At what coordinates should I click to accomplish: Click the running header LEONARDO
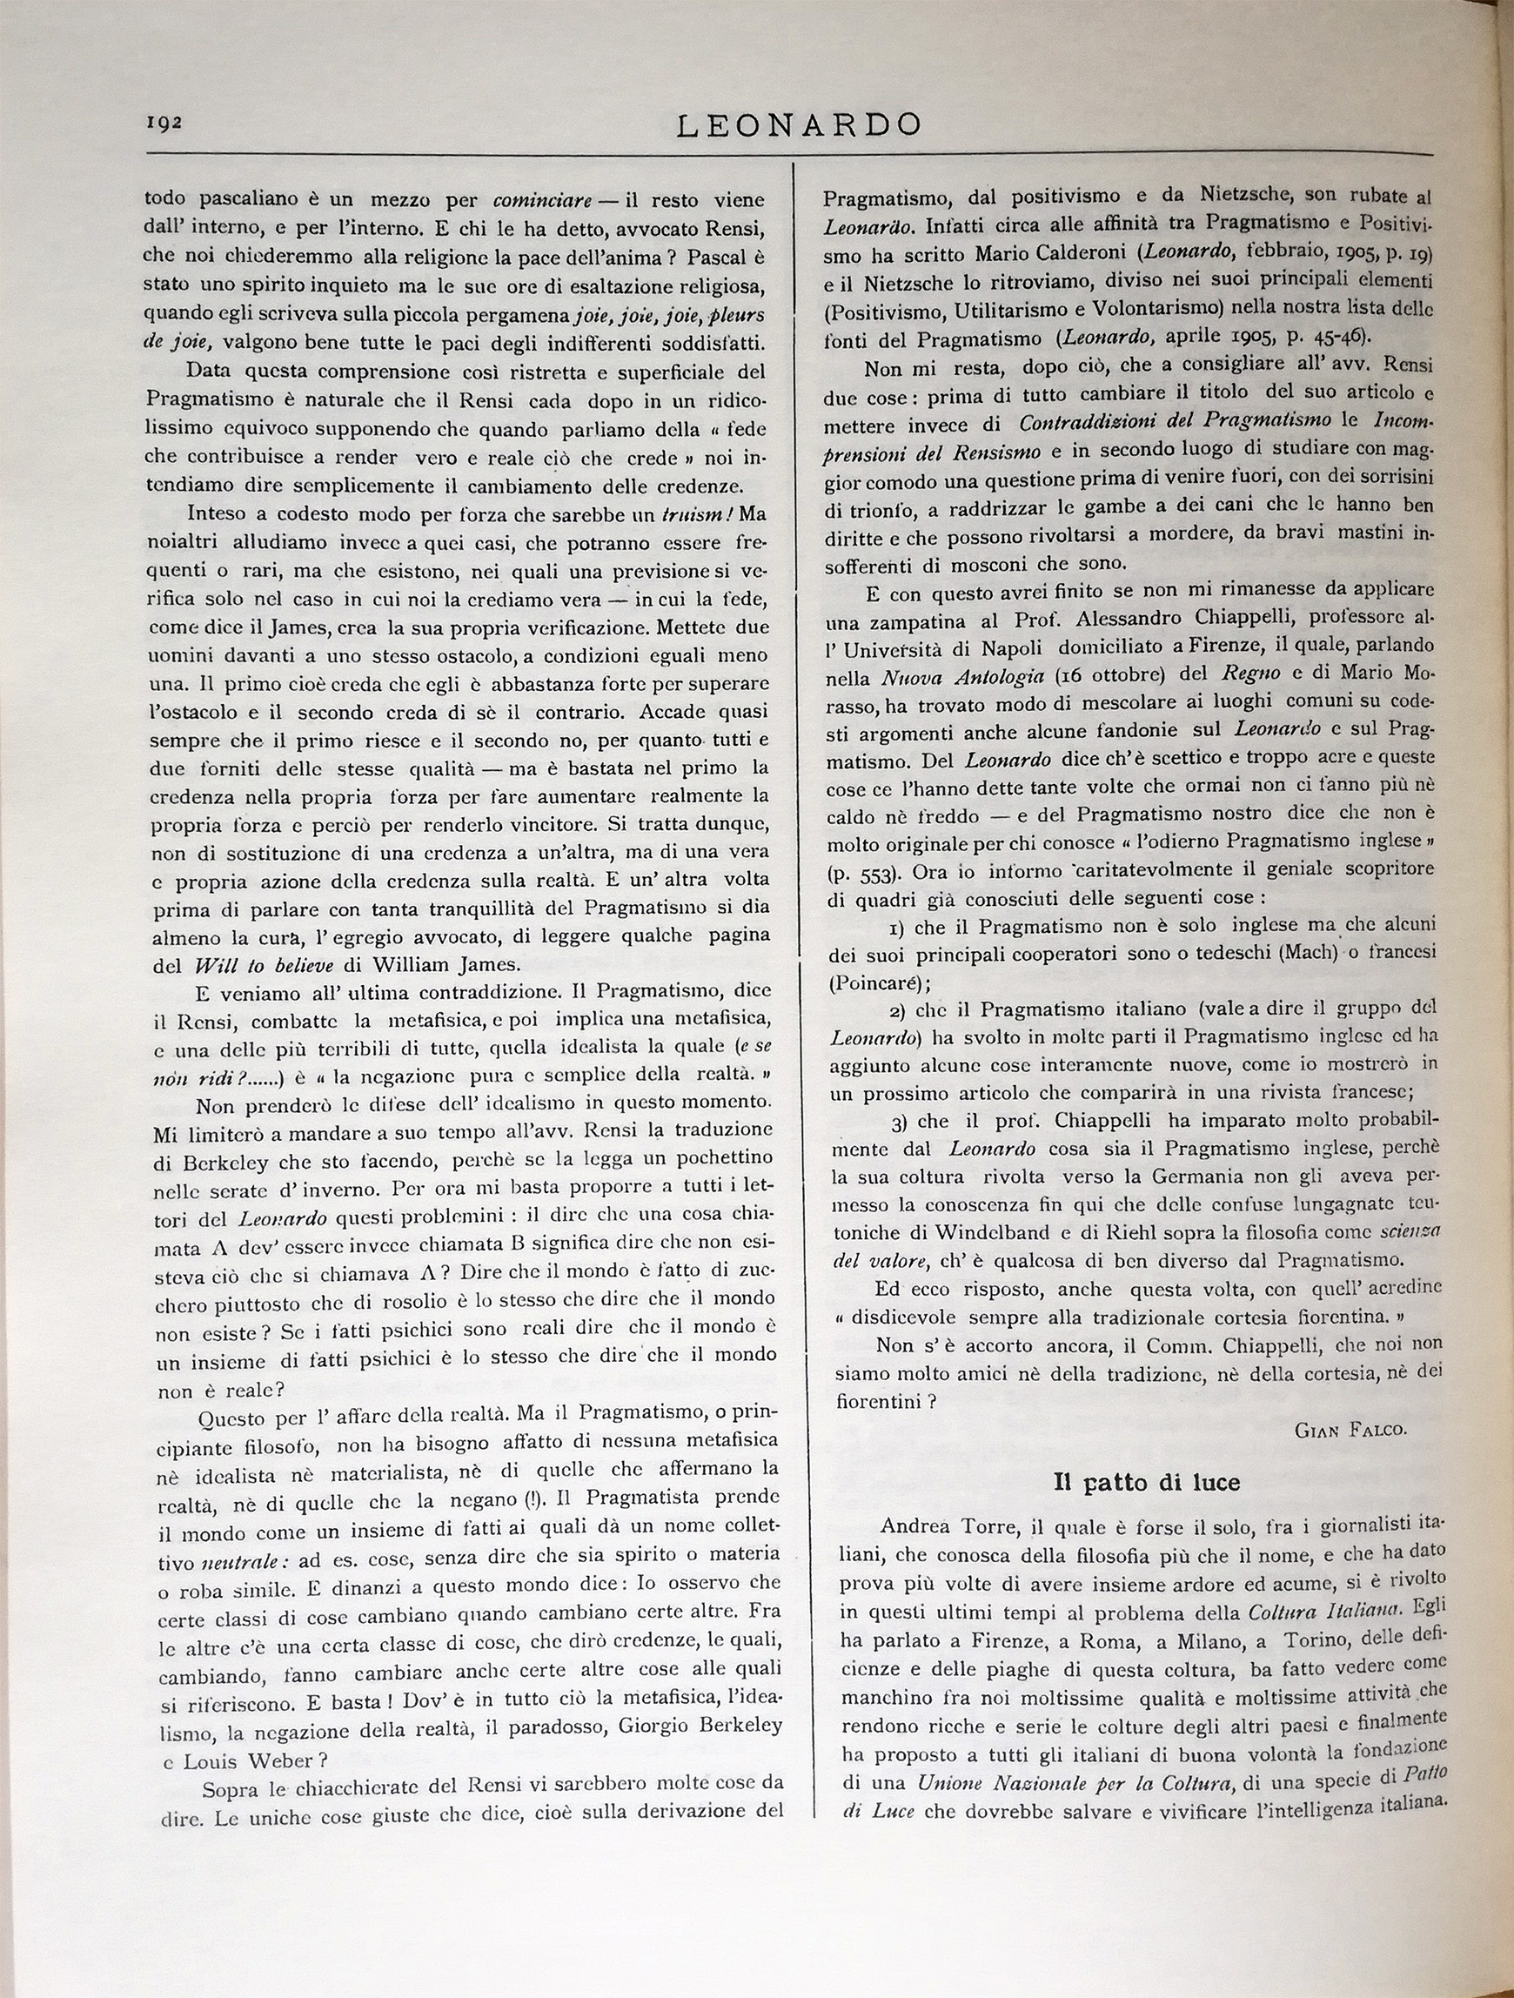(799, 124)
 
